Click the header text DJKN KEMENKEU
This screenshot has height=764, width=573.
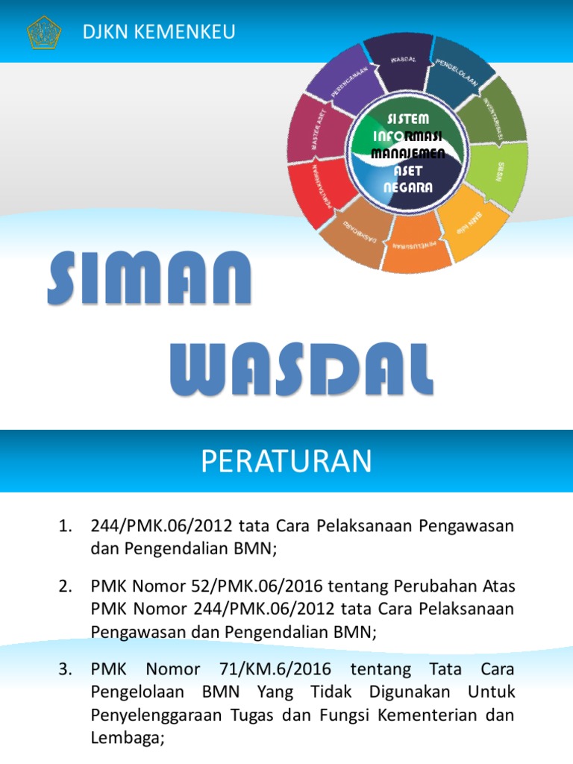159,31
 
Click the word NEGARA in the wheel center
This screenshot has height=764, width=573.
408,187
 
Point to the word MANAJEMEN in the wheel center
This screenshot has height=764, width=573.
408,154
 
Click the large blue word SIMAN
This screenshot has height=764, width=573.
149,280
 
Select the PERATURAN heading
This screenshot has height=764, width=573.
286,462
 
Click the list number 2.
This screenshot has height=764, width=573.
64,586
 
